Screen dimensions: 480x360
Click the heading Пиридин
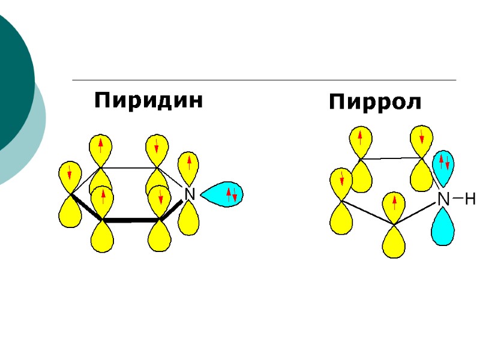(149, 100)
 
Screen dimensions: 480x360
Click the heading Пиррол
(375, 103)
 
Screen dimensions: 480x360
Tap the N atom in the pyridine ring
(189, 194)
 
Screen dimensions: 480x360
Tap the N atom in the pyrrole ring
(443, 199)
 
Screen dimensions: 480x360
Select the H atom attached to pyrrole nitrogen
(470, 199)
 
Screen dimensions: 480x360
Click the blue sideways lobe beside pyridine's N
(222, 194)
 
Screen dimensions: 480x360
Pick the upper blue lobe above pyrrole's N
(444, 167)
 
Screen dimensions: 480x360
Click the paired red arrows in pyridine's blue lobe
(231, 194)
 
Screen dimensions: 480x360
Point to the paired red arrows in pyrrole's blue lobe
(444, 161)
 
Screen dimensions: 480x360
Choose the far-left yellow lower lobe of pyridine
(70, 213)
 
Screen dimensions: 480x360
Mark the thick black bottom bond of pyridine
(132, 221)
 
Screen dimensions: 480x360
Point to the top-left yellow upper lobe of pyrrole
(360, 140)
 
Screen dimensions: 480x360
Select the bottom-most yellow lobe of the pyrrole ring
(394, 242)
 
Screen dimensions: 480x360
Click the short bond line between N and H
(458, 199)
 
